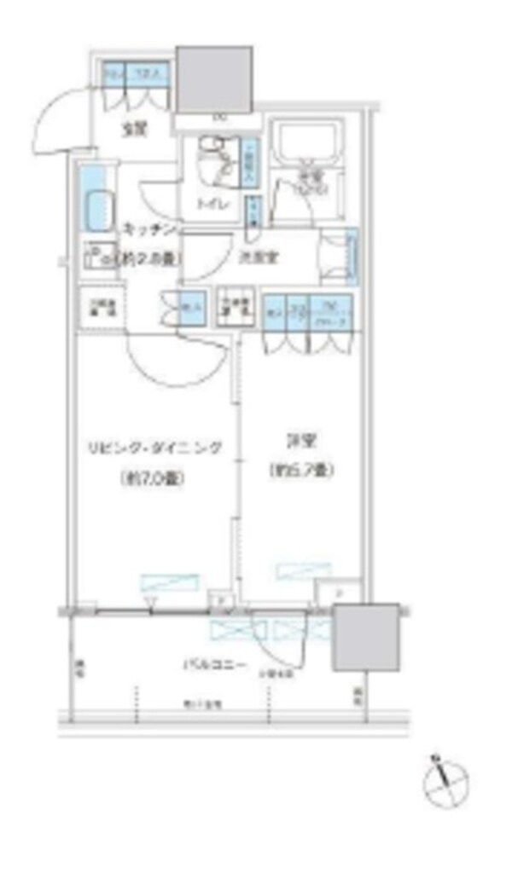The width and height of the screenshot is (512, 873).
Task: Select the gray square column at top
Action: click(x=214, y=78)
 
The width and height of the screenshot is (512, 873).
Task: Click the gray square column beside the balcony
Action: click(x=365, y=636)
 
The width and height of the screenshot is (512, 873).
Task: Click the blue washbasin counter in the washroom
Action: click(x=350, y=253)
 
